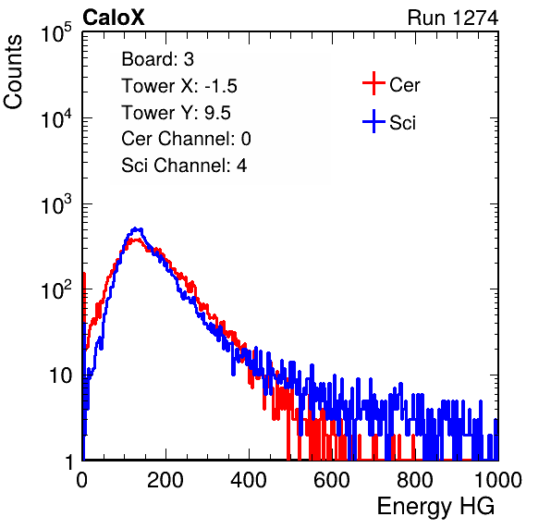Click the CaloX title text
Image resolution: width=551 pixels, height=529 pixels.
[x=114, y=18]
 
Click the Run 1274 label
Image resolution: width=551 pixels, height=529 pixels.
[x=453, y=18]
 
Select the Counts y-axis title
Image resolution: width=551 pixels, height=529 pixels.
[x=13, y=72]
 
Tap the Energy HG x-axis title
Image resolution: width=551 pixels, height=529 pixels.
[x=435, y=507]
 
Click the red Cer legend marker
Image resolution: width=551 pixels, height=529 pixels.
[x=373, y=83]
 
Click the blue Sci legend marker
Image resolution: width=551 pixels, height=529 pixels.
[x=373, y=122]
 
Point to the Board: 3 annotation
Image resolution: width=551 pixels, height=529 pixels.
[x=157, y=59]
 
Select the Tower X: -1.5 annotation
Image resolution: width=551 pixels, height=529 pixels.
[x=179, y=86]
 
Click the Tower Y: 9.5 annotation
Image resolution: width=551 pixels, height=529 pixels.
[x=176, y=113]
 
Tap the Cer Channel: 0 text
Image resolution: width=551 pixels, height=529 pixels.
[x=186, y=139]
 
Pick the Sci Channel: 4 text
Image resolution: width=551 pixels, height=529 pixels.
[x=184, y=166]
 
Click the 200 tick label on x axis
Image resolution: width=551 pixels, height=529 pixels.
[x=165, y=480]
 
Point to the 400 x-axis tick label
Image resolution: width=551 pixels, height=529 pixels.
[x=249, y=480]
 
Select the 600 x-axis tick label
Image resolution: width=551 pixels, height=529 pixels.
[x=332, y=480]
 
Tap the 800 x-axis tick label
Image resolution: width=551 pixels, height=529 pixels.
[x=415, y=480]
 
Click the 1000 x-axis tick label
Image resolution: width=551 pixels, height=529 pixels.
[x=498, y=480]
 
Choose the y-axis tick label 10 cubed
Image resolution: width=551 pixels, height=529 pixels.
[x=56, y=204]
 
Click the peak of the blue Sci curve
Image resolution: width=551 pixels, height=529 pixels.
[x=136, y=229]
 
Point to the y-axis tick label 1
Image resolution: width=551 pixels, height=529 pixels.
[x=70, y=461]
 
